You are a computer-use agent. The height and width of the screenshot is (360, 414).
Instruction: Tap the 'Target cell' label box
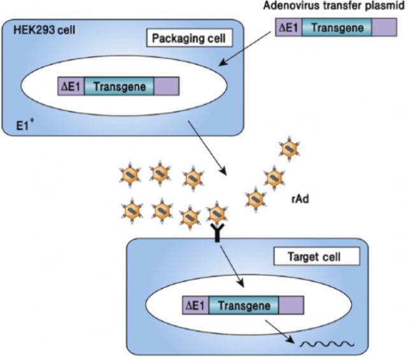tap(317, 257)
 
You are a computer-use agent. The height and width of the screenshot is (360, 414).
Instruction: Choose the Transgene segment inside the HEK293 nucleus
tap(118, 86)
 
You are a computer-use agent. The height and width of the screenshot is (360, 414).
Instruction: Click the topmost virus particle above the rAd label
tap(288, 148)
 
